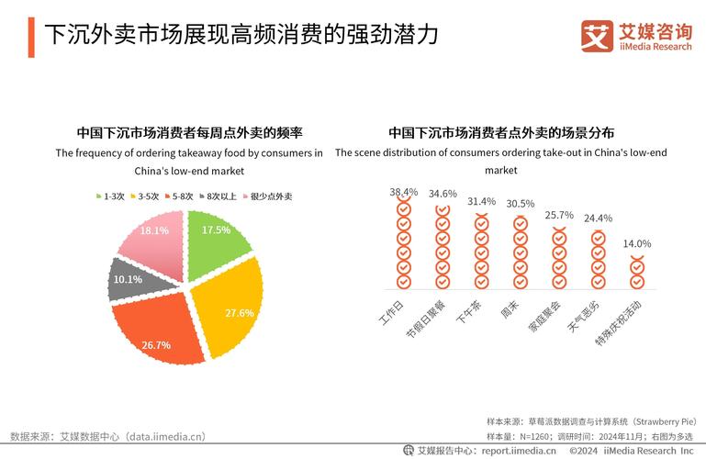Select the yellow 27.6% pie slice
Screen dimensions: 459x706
point(230,308)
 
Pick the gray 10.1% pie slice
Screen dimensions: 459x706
point(129,280)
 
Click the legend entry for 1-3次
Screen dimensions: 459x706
point(109,196)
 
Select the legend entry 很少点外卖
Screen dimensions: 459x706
point(266,196)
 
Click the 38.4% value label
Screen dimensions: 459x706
point(403,192)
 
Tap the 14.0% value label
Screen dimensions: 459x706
point(637,244)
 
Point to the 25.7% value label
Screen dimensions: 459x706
point(558,216)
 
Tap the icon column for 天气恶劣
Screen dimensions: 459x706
point(598,259)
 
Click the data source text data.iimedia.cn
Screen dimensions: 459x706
point(165,436)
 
